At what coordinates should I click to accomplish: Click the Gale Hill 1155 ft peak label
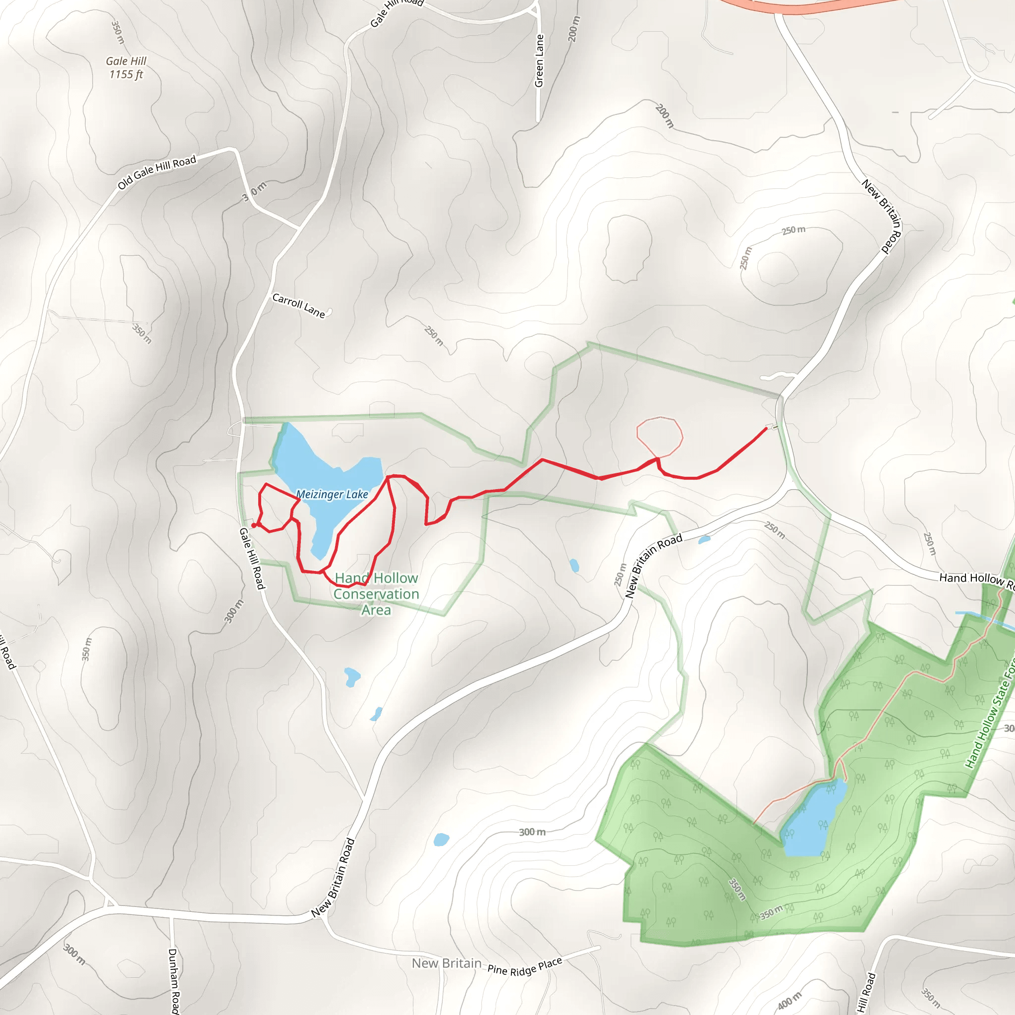click(x=125, y=68)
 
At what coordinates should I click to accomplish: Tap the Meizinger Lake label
click(x=332, y=494)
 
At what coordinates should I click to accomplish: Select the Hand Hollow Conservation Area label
click(x=376, y=594)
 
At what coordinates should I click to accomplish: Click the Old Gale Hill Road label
click(x=157, y=172)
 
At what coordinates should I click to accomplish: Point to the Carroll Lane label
click(x=298, y=305)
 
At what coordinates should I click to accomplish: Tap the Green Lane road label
click(x=539, y=60)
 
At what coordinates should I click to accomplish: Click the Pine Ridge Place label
click(x=525, y=965)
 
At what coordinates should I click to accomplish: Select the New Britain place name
click(x=447, y=963)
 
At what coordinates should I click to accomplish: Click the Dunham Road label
click(x=173, y=980)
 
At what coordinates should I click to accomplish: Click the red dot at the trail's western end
click(x=254, y=525)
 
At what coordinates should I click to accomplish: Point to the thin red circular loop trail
click(x=660, y=436)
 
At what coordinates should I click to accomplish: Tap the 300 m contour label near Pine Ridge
click(x=532, y=832)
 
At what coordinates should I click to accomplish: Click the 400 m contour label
click(x=789, y=1000)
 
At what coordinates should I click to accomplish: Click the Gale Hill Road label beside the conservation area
click(x=252, y=559)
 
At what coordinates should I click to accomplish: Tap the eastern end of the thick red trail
click(x=766, y=429)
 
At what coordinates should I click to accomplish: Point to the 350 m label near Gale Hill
click(x=117, y=32)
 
